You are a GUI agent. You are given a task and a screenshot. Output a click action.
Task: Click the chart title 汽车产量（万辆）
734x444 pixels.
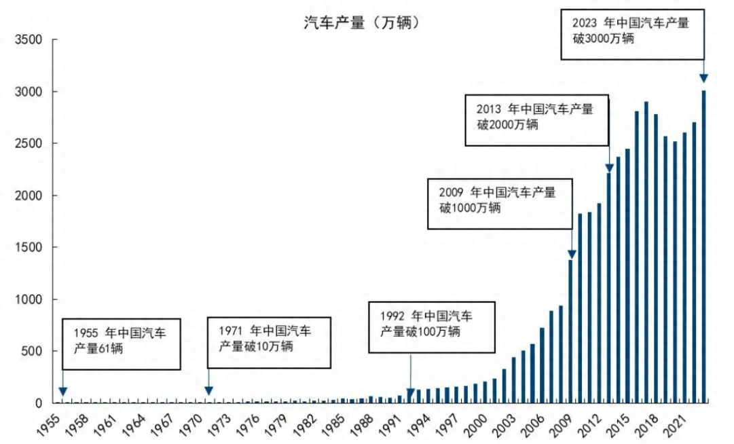(x=361, y=22)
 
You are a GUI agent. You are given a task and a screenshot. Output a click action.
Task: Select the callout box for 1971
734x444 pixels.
(x=268, y=342)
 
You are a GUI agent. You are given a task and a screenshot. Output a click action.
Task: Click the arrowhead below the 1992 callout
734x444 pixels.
(x=410, y=393)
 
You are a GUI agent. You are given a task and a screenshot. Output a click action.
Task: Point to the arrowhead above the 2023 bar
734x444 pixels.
(x=704, y=78)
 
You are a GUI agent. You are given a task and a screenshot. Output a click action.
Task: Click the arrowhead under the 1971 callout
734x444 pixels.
(x=208, y=390)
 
